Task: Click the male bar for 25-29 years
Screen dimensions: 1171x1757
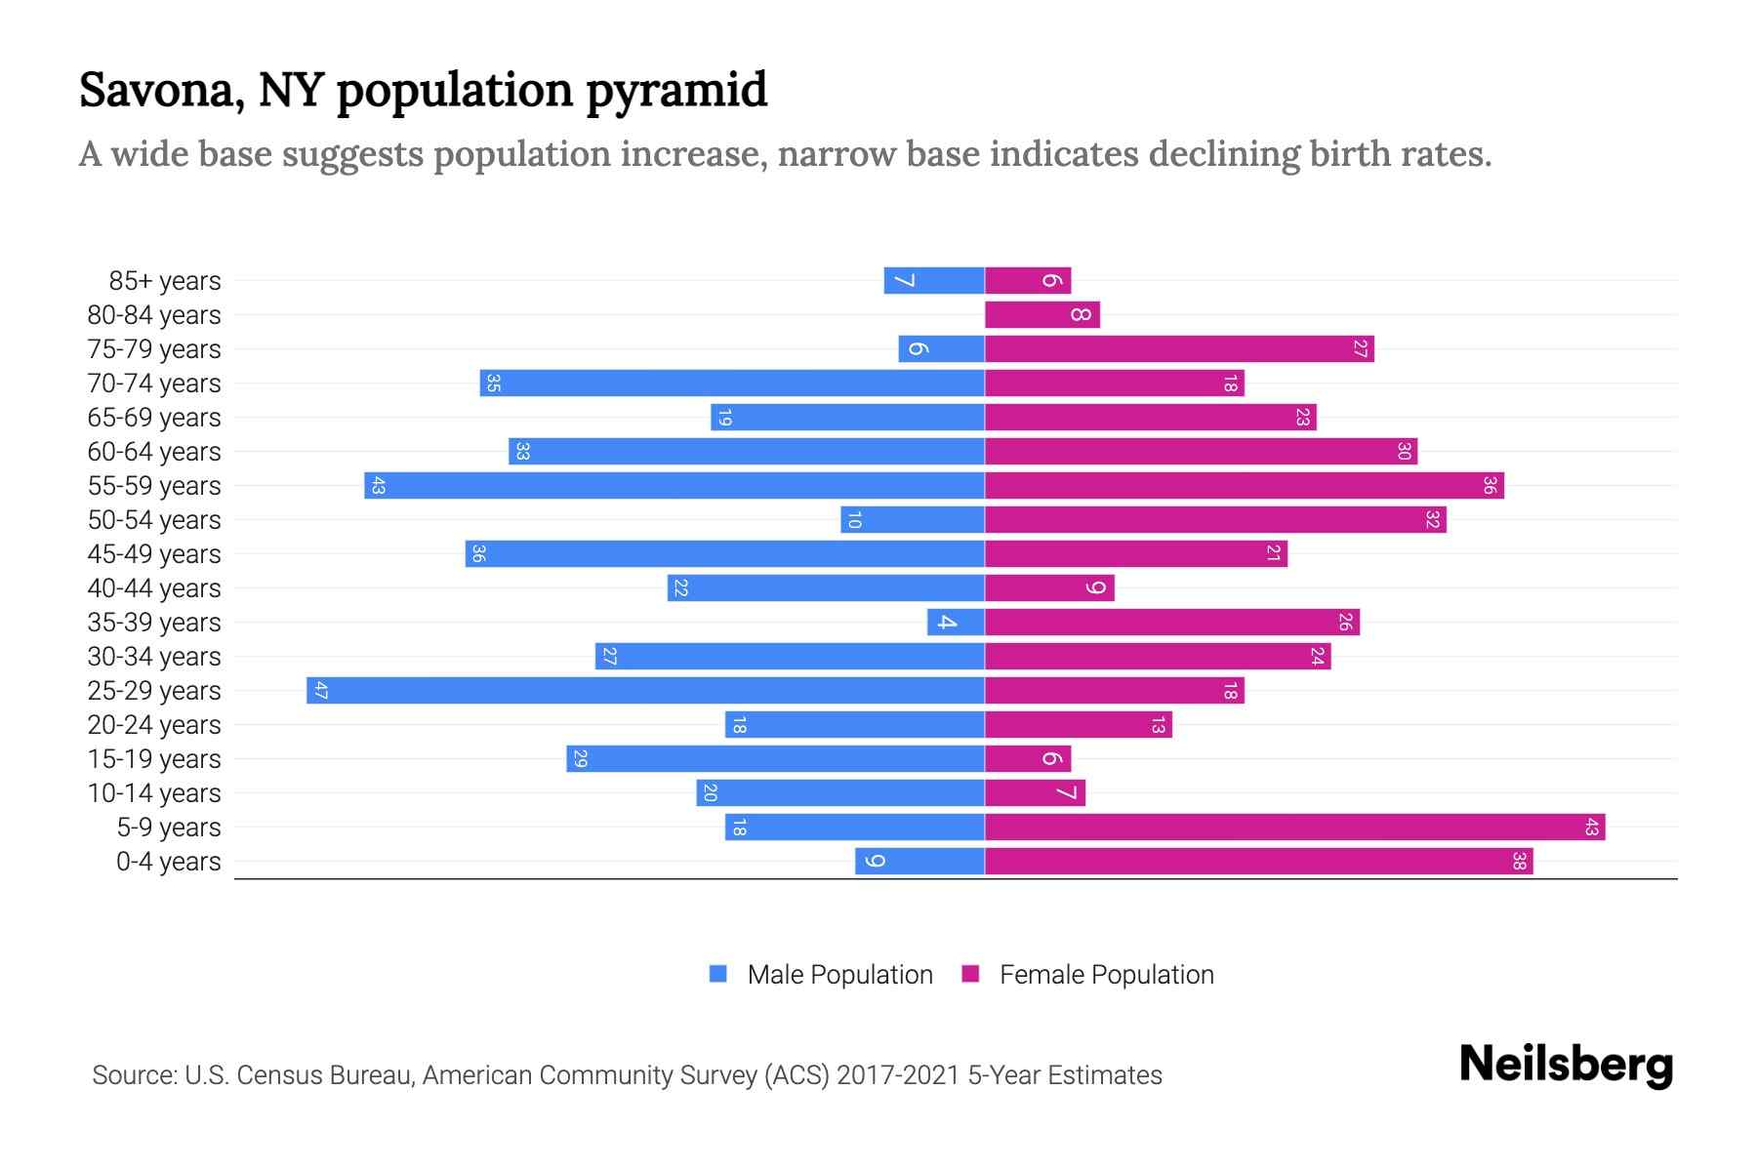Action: (644, 691)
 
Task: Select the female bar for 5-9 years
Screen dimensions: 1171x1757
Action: (1294, 828)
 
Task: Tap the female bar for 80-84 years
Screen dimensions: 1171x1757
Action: (1042, 315)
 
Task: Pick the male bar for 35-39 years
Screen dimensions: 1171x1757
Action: (956, 623)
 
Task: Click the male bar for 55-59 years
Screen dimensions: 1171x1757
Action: (674, 486)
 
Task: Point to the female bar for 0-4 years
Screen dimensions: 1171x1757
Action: (1258, 862)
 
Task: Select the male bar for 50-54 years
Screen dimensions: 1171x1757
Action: (912, 520)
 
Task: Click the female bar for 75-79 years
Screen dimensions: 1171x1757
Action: (1179, 349)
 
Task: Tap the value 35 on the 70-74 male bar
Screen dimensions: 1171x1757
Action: (494, 384)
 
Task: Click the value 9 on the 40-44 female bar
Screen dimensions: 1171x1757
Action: (1096, 588)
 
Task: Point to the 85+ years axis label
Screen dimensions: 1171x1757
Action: (165, 281)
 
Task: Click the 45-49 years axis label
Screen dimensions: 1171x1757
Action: (154, 554)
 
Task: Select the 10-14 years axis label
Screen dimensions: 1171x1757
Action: (154, 793)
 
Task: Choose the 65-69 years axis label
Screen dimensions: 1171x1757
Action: (154, 418)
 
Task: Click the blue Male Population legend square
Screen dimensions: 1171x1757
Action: (718, 974)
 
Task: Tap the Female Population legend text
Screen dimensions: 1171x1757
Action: (1106, 975)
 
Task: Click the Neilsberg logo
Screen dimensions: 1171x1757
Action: (1566, 1065)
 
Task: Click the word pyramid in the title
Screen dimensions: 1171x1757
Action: (676, 91)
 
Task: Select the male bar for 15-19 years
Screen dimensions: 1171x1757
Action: (775, 759)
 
